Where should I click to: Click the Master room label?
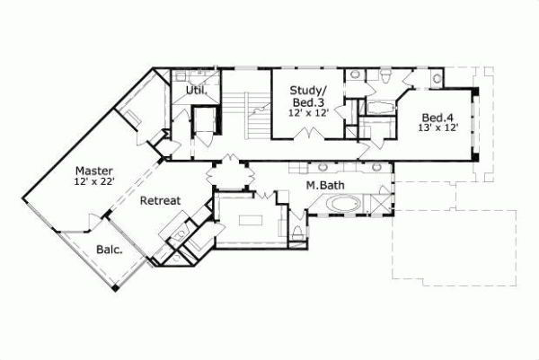[x=93, y=170]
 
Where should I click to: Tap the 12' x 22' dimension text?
[x=93, y=182]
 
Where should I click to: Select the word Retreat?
[x=161, y=201]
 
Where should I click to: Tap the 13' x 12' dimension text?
[x=437, y=127]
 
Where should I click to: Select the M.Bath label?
[x=322, y=185]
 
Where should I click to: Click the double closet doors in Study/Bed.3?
[x=311, y=135]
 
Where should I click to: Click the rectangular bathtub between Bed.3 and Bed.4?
[x=378, y=109]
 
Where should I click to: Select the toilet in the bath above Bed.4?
[x=384, y=75]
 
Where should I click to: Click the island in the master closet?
[x=246, y=218]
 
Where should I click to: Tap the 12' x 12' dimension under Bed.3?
[x=305, y=112]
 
